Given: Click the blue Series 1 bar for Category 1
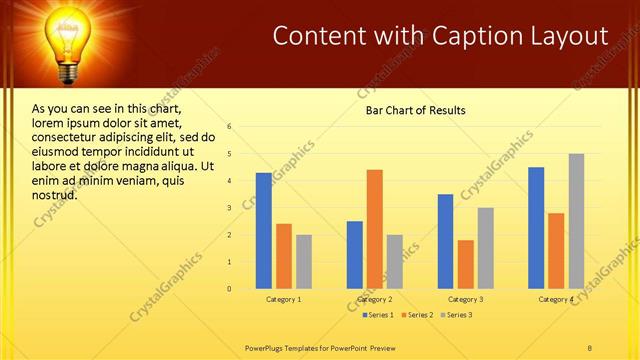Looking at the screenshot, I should [x=263, y=231].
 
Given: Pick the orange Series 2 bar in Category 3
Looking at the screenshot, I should [x=466, y=264].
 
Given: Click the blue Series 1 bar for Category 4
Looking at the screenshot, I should [x=536, y=228].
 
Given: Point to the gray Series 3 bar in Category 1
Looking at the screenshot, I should [x=304, y=262].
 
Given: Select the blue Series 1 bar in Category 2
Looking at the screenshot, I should [x=355, y=255].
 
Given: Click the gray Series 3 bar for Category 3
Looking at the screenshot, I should [x=485, y=248].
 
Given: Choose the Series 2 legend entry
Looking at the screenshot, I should [x=418, y=315].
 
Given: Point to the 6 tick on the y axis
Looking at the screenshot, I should [x=229, y=127].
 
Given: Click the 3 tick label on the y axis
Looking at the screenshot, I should [x=229, y=208].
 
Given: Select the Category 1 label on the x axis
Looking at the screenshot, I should [x=284, y=299].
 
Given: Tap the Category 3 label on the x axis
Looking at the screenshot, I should [x=465, y=299].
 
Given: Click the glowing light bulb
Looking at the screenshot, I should [x=69, y=40].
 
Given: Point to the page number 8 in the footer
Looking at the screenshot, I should [x=590, y=346].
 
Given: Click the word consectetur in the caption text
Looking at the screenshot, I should [x=64, y=137].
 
